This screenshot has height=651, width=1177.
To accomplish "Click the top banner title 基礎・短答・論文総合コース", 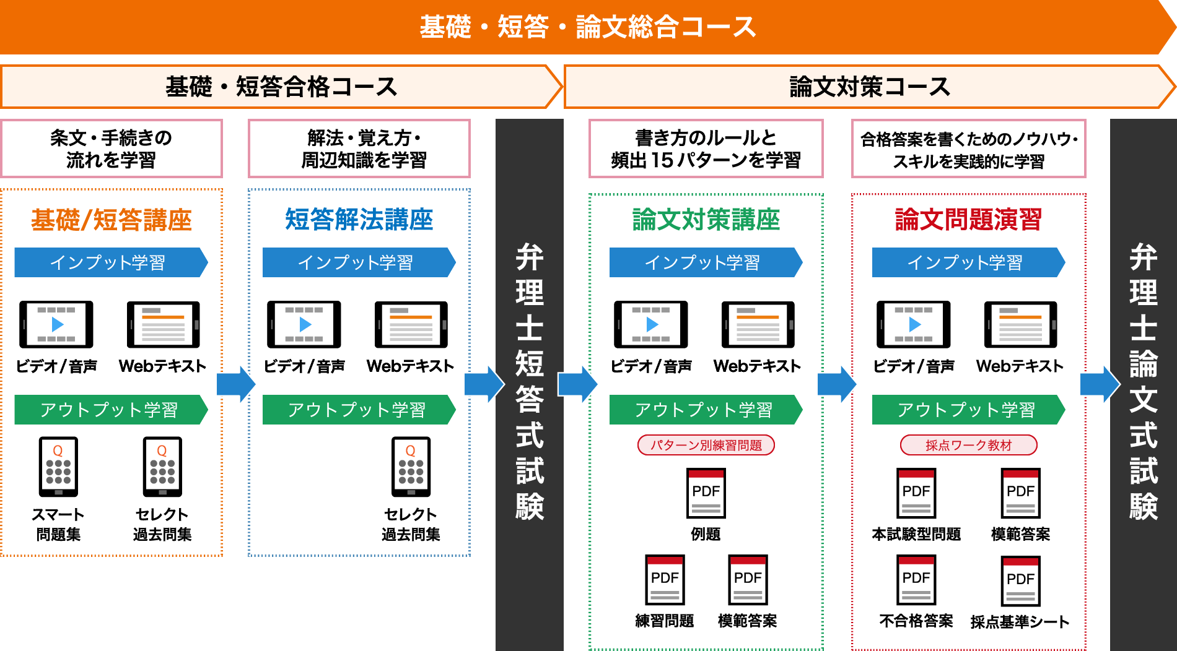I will [x=587, y=27].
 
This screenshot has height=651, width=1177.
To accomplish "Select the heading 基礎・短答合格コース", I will [x=281, y=87].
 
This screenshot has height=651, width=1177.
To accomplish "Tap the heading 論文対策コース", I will [x=869, y=87].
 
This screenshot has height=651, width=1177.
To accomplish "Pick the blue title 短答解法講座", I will [x=359, y=220].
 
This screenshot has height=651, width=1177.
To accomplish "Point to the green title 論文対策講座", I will [x=706, y=220].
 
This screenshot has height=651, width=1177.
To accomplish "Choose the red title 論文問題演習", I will [x=968, y=220].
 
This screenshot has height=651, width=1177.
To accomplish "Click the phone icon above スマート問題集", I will [x=58, y=467].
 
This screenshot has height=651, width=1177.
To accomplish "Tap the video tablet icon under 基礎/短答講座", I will [x=56, y=324].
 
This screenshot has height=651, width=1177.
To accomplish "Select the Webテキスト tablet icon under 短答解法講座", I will [x=411, y=324].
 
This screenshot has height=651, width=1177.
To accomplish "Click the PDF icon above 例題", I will [x=706, y=493].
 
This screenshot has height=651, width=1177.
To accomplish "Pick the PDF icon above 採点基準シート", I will [x=1020, y=580].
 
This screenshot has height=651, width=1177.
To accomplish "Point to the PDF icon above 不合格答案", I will [x=916, y=579].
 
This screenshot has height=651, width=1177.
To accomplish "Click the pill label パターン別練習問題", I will [x=706, y=445].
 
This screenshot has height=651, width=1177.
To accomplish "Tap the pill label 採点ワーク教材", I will [x=968, y=445].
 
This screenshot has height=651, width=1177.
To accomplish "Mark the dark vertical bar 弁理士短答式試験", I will [x=529, y=384].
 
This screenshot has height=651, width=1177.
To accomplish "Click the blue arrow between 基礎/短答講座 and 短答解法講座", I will [x=235, y=384].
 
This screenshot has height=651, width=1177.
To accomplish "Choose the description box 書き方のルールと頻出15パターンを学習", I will [x=706, y=149].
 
